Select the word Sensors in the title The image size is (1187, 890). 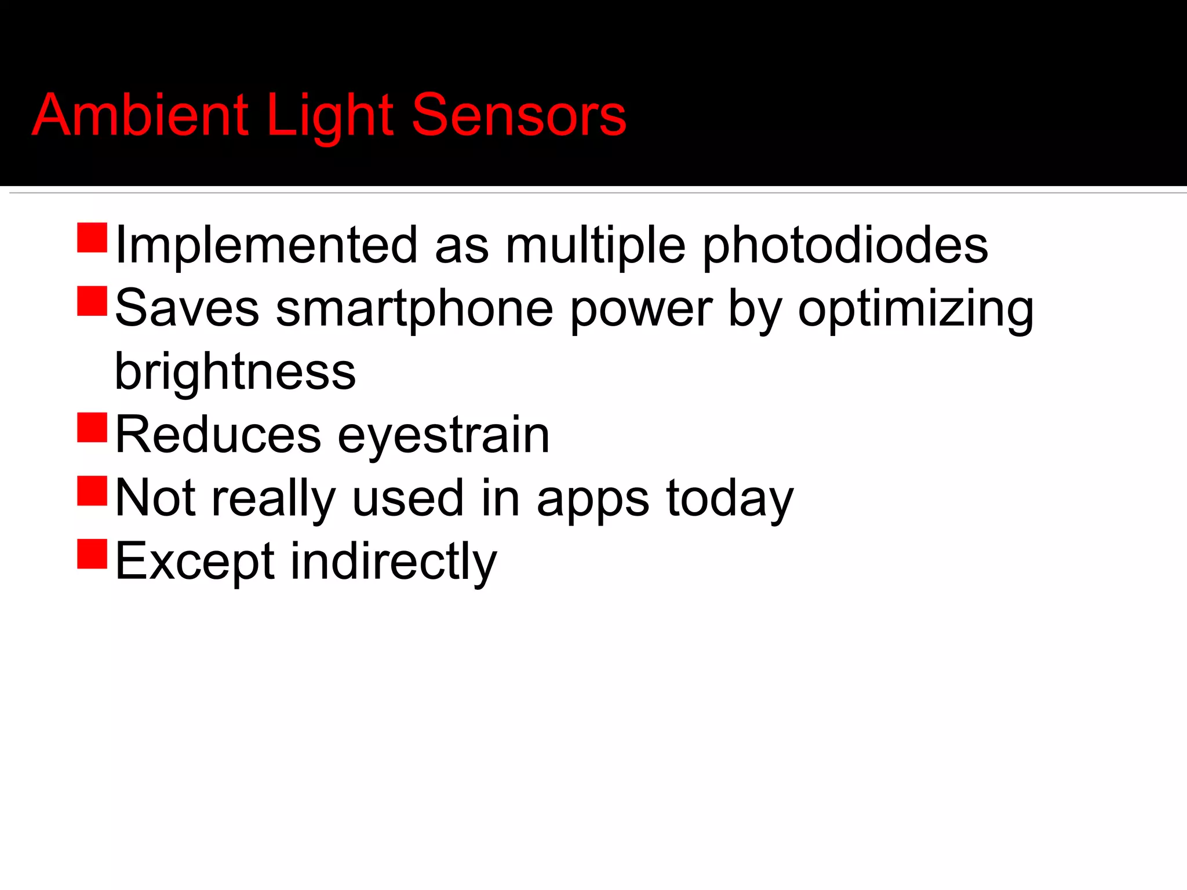tap(519, 115)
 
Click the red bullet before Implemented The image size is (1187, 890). tap(92, 238)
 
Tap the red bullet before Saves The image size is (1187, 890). tap(92, 301)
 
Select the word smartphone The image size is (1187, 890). tap(414, 309)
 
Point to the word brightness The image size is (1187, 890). tap(235, 371)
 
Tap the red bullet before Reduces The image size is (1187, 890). tap(92, 427)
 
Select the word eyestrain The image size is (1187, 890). tap(443, 436)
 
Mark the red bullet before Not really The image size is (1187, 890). tap(92, 491)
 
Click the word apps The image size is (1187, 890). tap(592, 499)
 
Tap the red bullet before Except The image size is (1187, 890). tap(92, 553)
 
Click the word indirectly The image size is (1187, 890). tap(394, 561)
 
